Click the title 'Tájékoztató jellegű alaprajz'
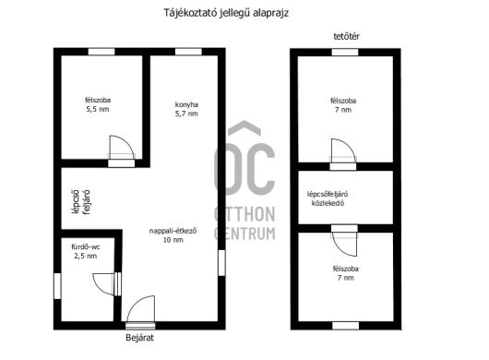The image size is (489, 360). pos(226,13)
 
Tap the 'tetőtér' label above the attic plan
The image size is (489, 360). pos(346,36)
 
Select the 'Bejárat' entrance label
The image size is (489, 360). pos(139,338)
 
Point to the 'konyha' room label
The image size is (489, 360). pos(186,104)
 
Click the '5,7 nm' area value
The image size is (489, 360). pos(186,114)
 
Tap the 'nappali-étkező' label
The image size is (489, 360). pos(173,231)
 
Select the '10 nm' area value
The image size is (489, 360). pos(173,240)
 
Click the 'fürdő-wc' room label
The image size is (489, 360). pos(86,247)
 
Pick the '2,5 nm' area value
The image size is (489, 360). pos(86,256)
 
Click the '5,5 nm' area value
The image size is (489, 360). pos(98,109)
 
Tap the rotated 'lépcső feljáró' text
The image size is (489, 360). pos(81,202)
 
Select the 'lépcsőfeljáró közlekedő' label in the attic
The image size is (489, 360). pos(328,198)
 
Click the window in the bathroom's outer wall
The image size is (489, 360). pos(58,286)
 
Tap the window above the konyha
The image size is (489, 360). pos(188,52)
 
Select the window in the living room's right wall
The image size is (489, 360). pos(221,263)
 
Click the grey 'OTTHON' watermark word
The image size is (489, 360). pos(244,214)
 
